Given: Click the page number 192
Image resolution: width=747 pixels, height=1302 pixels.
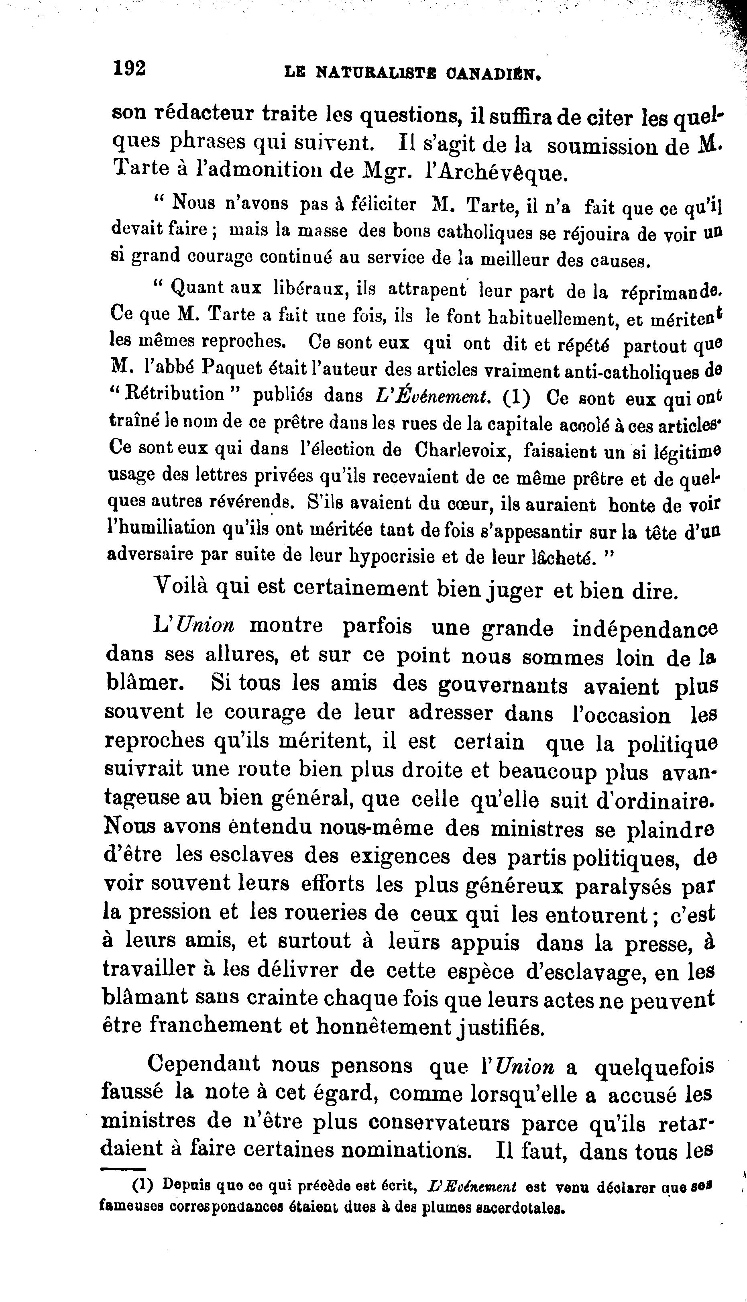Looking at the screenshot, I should coord(130,68).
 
